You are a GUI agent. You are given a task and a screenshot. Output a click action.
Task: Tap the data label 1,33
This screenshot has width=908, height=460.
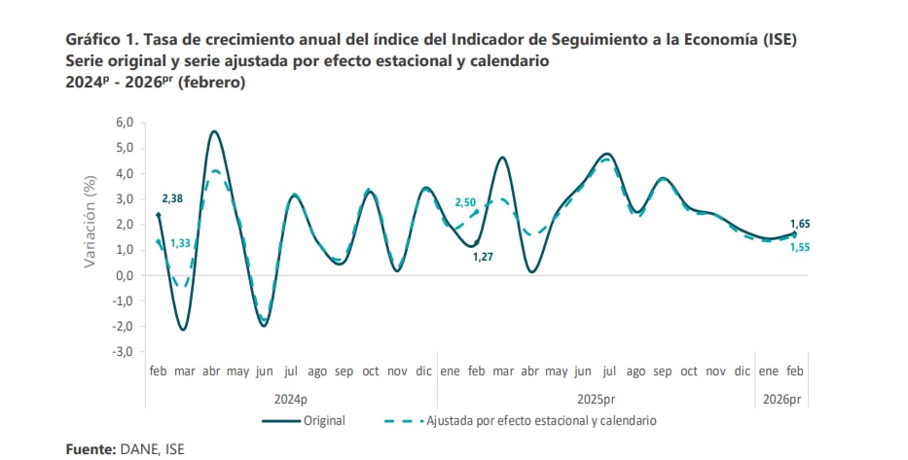click(x=181, y=244)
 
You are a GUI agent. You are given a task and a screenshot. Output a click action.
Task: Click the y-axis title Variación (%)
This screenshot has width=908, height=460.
click(x=91, y=222)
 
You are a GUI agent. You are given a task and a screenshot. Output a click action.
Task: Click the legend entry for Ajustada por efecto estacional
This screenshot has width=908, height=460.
click(x=541, y=421)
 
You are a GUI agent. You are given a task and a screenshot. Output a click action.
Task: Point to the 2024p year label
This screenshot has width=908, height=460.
click(x=290, y=399)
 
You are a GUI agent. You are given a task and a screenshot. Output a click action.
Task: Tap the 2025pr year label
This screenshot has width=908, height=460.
click(x=596, y=399)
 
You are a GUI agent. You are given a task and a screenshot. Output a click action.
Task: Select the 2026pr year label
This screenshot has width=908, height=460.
click(x=781, y=399)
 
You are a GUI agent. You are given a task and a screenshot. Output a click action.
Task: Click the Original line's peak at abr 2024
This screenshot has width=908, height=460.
click(x=213, y=131)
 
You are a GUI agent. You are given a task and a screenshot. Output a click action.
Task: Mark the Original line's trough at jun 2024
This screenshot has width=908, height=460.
click(x=264, y=325)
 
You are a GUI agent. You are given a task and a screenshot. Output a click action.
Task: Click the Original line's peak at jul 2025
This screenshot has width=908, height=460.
click(x=607, y=154)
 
